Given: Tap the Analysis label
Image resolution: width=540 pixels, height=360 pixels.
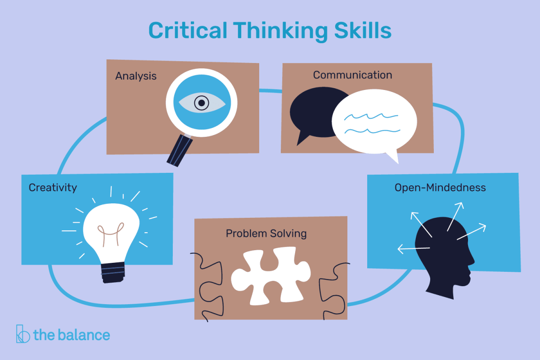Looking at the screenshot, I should click(136, 76).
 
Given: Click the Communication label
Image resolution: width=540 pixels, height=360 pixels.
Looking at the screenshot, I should click(352, 75).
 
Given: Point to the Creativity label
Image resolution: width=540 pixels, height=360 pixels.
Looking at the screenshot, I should click(53, 187).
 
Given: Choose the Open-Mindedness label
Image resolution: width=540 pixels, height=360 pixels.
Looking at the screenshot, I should click(440, 187).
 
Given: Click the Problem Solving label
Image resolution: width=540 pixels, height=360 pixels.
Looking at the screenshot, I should click(266, 233).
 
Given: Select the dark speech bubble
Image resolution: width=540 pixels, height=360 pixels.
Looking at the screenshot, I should click(310, 112).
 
